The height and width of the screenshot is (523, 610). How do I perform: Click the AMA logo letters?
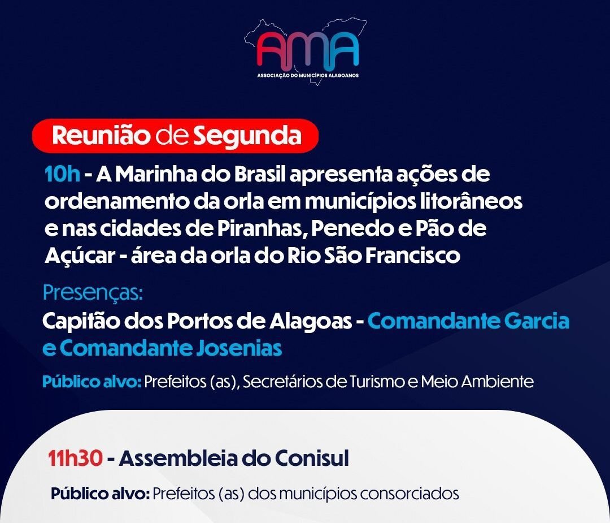click(x=308, y=49)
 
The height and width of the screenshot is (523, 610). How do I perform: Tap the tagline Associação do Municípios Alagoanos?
click(x=308, y=75)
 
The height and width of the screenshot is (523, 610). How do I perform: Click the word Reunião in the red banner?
click(x=101, y=136)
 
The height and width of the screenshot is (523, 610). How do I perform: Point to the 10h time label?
click(x=63, y=174)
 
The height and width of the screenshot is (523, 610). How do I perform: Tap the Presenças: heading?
click(x=93, y=293)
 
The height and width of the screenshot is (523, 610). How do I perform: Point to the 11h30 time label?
click(x=76, y=459)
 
